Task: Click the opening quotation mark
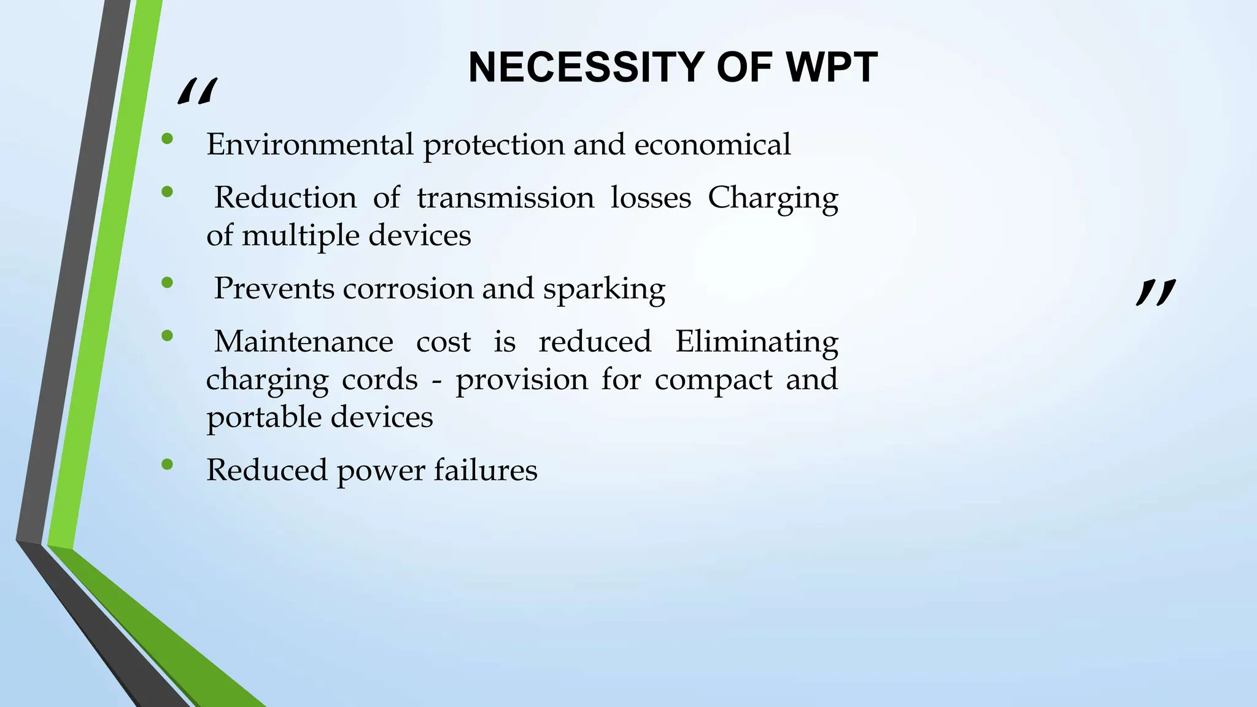(x=197, y=92)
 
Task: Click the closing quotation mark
(x=1156, y=292)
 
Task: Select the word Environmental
(x=310, y=145)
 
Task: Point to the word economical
(x=713, y=145)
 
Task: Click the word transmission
(x=505, y=198)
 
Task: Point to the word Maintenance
(x=303, y=342)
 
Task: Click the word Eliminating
(x=756, y=342)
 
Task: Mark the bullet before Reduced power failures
(x=167, y=465)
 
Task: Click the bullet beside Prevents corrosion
(x=167, y=283)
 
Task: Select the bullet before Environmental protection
(x=167, y=139)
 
